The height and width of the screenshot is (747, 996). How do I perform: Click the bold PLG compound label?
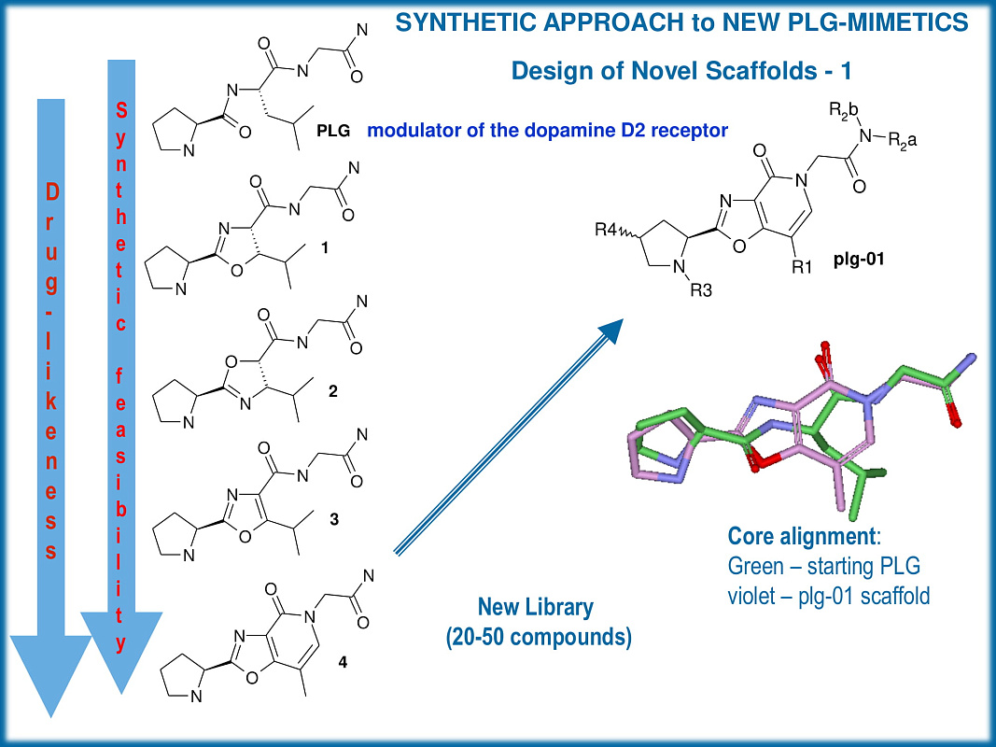[x=333, y=132]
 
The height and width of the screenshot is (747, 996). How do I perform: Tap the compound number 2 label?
[x=333, y=392]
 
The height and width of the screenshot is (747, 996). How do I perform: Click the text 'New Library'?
[x=535, y=607]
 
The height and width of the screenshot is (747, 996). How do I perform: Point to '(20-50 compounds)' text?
[x=536, y=639]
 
